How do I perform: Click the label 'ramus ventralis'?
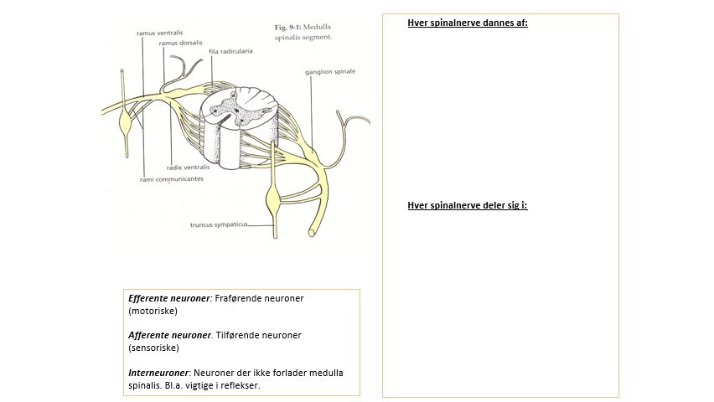[x=159, y=33]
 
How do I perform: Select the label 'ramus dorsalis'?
[x=181, y=43]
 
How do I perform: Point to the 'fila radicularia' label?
[x=230, y=51]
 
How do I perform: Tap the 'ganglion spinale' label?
[x=330, y=71]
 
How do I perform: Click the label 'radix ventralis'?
[x=187, y=167]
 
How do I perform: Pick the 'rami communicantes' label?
[x=171, y=178]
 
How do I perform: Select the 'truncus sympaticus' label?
[x=218, y=224]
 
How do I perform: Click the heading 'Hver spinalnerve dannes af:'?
[x=467, y=23]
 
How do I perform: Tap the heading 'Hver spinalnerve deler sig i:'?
[x=467, y=204]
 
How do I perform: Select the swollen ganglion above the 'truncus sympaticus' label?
[x=273, y=201]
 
